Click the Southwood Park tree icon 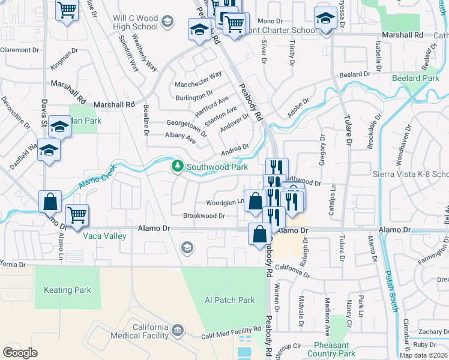click(x=178, y=165)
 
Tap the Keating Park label click(x=68, y=290)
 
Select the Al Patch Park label click(x=230, y=301)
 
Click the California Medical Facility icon click(x=178, y=330)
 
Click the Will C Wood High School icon click(x=167, y=22)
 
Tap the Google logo click(x=20, y=353)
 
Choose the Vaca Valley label click(x=106, y=236)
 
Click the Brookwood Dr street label click(x=204, y=216)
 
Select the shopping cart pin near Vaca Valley click(x=77, y=215)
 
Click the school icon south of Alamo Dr click(x=187, y=247)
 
